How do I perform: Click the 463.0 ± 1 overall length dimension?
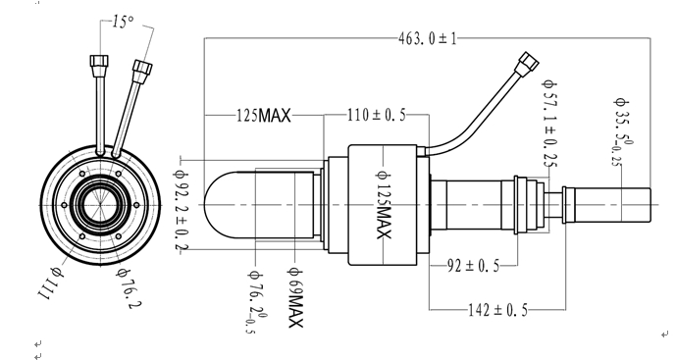click(427, 39)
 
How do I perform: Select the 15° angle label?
click(124, 22)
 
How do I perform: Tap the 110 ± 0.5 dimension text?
click(377, 115)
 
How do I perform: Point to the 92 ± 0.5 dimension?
click(473, 266)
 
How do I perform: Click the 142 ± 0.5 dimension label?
click(497, 310)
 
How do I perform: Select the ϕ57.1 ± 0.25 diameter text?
click(550, 124)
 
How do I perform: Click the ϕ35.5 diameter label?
click(623, 131)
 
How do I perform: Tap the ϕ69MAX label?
click(295, 297)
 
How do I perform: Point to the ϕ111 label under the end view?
click(51, 284)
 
